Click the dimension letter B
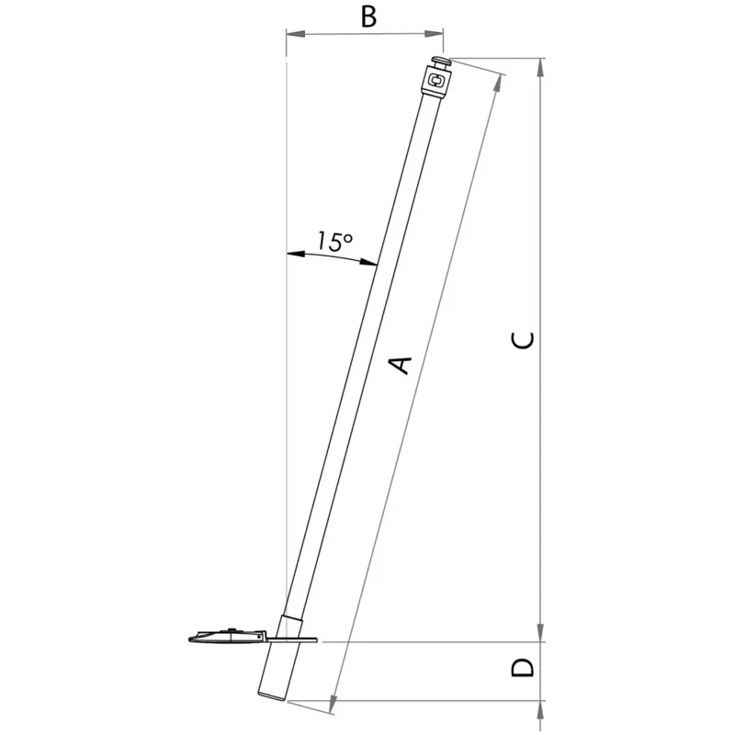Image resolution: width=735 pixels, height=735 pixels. click(369, 17)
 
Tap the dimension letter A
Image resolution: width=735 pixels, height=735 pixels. click(401, 366)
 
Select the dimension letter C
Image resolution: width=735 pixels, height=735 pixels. click(522, 340)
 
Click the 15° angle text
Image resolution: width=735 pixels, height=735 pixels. click(334, 241)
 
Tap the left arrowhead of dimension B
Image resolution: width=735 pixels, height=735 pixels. click(295, 34)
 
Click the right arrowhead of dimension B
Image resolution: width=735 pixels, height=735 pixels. click(434, 33)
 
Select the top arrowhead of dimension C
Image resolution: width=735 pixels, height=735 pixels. click(540, 68)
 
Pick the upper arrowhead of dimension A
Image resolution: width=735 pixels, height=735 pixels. click(500, 84)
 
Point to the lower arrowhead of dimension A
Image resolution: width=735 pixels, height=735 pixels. click(333, 704)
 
